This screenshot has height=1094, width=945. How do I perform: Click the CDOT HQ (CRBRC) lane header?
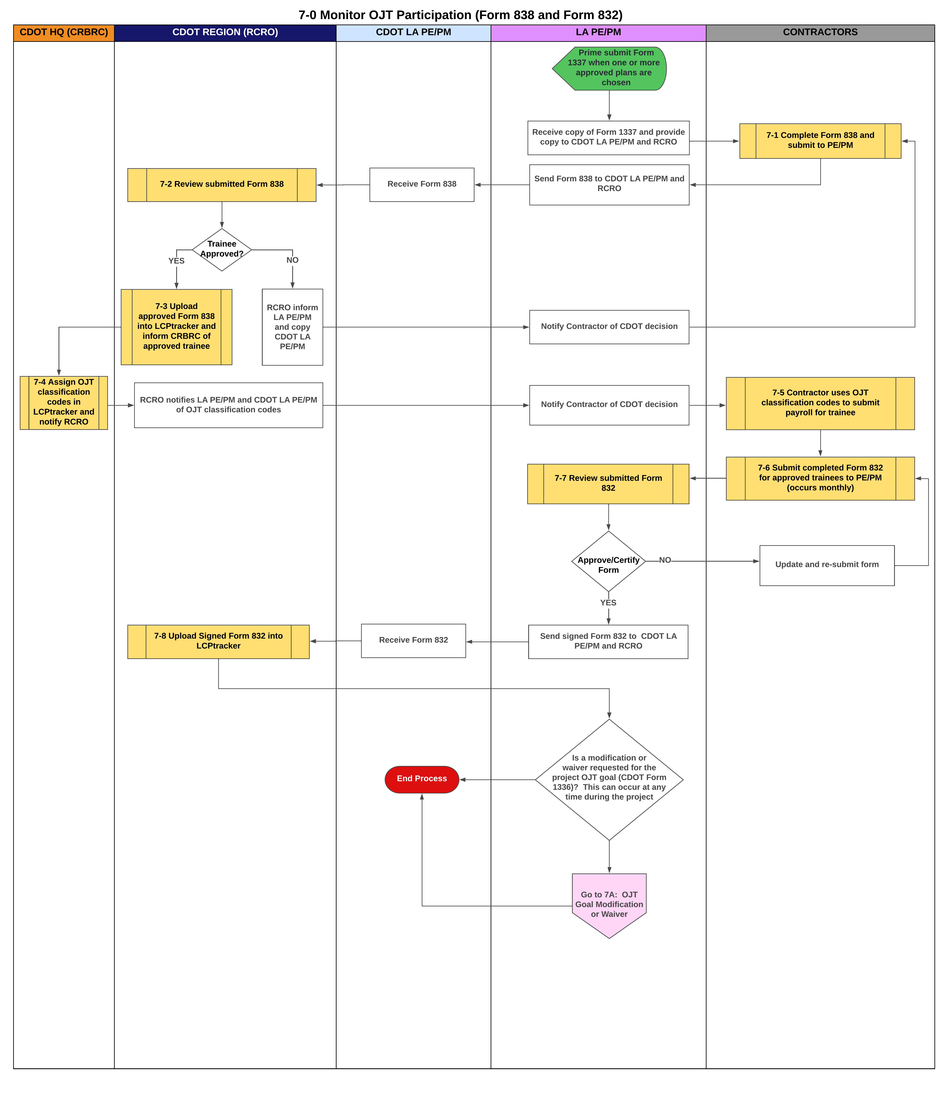63,32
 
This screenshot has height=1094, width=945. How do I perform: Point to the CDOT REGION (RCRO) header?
225,32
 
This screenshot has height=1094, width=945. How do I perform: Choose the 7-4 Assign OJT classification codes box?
63,402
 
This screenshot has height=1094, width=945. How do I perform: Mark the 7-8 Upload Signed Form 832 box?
218,641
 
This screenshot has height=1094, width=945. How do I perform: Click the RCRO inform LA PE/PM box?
292,327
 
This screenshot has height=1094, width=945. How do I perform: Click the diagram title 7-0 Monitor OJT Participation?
460,15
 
